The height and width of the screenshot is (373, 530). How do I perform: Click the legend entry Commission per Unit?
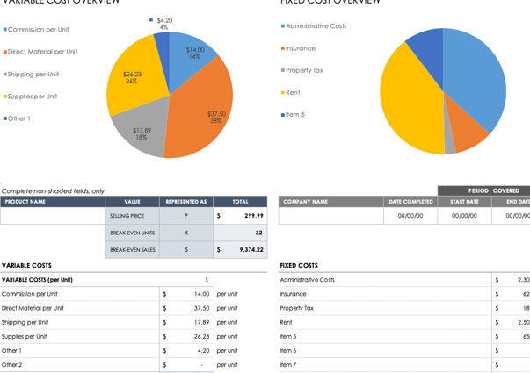tap(38, 30)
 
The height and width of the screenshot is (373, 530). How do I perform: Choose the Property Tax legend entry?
tap(303, 70)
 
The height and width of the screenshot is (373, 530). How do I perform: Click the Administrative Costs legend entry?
tap(315, 26)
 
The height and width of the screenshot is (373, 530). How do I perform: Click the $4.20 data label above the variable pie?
tap(164, 20)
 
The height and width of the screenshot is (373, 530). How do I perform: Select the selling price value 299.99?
tap(253, 216)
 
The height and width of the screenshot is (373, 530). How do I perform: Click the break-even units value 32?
tap(258, 233)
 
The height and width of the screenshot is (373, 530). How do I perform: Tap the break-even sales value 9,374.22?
tap(251, 250)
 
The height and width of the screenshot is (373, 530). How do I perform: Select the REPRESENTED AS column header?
tap(185, 202)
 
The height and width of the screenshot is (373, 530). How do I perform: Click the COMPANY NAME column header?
tap(305, 202)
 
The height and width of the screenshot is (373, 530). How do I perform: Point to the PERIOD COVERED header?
tap(492, 190)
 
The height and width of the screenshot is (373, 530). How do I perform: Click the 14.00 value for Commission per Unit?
tap(201, 294)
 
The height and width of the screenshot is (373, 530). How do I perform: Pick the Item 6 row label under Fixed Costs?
tap(288, 350)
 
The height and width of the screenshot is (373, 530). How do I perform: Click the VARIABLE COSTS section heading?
tap(26, 265)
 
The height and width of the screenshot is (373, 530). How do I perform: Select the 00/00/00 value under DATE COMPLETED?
tap(410, 216)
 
